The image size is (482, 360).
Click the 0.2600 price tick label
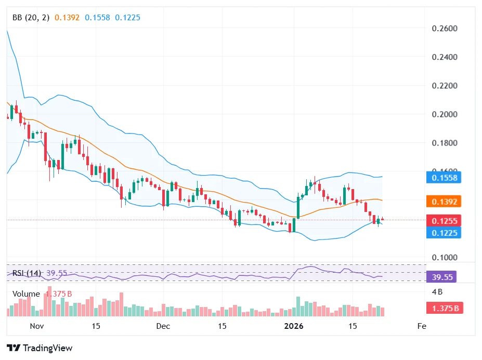point(445,28)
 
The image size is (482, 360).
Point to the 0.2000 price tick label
point(445,114)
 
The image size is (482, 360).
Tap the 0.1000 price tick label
point(445,258)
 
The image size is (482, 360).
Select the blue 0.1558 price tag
point(445,178)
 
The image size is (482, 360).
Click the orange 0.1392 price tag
point(445,202)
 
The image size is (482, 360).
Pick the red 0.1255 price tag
point(445,221)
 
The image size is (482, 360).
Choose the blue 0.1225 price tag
point(445,233)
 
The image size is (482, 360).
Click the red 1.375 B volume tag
point(445,309)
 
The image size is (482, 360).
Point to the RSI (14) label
point(27,273)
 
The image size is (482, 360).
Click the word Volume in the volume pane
point(26,294)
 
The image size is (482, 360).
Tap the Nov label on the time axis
point(36,326)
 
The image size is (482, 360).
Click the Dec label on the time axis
point(163,326)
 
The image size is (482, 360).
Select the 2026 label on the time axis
point(294,326)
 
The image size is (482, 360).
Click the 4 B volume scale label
point(437,291)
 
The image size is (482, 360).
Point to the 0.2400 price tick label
point(445,57)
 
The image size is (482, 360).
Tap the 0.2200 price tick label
point(445,86)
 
